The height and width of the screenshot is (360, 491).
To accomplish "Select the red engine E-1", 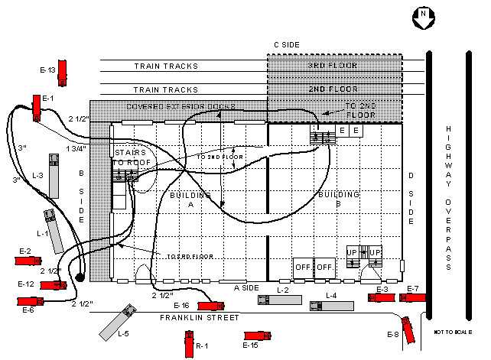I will click(37, 107).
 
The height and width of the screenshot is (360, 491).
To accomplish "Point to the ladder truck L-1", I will click(54, 232).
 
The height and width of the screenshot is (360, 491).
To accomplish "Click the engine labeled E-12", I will click(51, 285).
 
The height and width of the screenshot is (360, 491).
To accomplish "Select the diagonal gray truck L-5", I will click(117, 323).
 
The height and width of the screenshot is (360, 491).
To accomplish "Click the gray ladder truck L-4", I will click(331, 305).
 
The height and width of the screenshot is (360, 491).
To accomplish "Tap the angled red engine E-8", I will click(409, 329).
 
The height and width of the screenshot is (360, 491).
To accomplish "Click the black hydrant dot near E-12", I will click(79, 277).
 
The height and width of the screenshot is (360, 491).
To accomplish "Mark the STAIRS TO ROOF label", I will click(131, 157).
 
